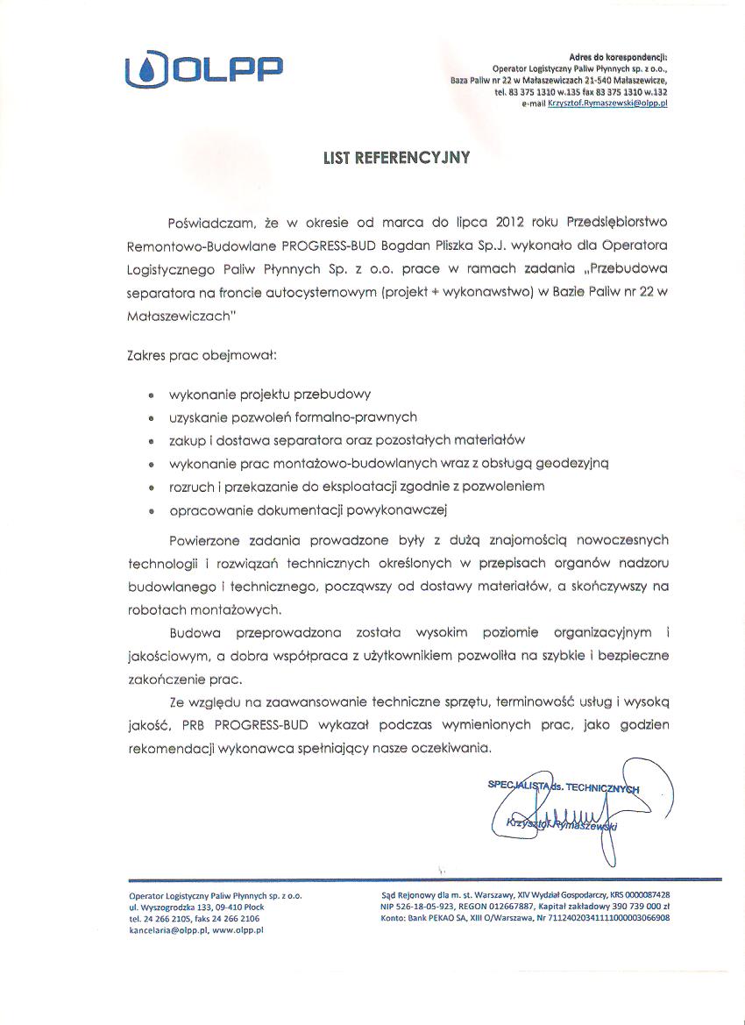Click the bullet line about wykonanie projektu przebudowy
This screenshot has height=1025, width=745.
point(264,395)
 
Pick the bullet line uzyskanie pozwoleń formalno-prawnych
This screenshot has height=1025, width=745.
point(287,417)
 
